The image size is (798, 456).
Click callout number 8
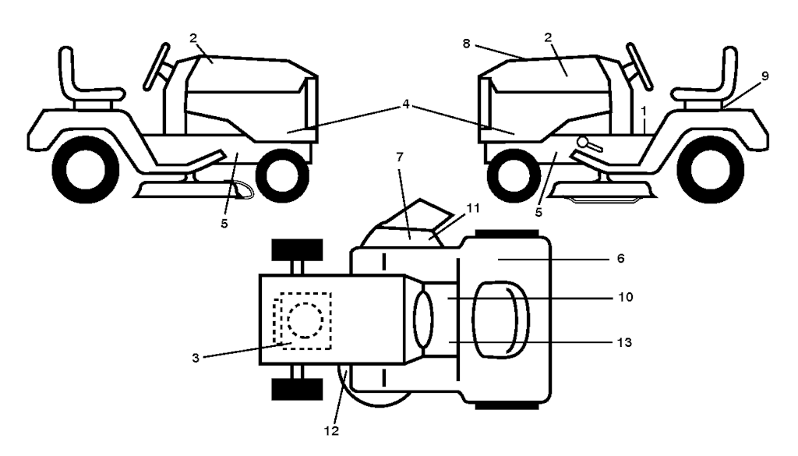(466, 44)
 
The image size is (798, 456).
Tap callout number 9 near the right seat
(764, 76)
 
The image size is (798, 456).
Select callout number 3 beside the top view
(196, 359)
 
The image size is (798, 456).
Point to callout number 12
(331, 431)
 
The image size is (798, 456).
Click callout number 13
(624, 342)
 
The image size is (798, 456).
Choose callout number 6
(620, 259)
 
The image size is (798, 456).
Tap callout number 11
(473, 208)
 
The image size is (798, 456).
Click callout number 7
(400, 157)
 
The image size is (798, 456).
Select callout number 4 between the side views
(405, 104)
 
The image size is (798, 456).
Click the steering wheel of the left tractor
(156, 67)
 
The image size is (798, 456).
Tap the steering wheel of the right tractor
(639, 67)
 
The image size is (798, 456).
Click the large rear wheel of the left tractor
(86, 169)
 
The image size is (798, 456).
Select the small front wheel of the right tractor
(514, 176)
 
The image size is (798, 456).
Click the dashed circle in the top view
(305, 320)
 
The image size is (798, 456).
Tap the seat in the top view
(501, 320)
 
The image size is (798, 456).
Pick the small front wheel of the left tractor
(282, 176)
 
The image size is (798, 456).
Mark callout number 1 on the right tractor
(644, 111)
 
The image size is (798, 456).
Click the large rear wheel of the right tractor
(711, 169)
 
